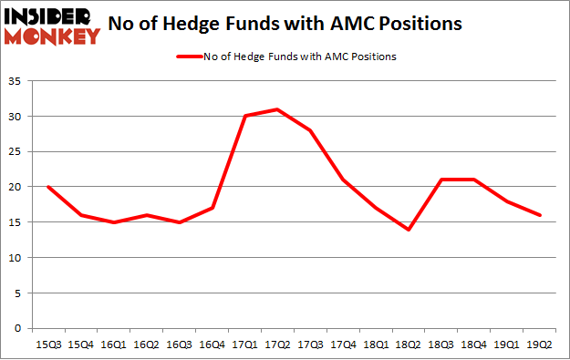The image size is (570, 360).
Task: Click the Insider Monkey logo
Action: [x=51, y=25]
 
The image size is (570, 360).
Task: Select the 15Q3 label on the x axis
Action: [x=47, y=344]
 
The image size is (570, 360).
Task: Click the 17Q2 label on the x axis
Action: [x=277, y=344]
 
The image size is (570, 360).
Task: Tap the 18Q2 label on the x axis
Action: [x=409, y=344]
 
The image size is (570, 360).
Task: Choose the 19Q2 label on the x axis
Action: [x=539, y=344]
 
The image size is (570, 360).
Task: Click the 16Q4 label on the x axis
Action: [x=212, y=344]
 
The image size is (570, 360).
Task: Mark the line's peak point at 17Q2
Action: [x=277, y=109]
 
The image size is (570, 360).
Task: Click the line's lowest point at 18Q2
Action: [x=409, y=230]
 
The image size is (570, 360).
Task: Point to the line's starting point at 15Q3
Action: [x=47, y=187]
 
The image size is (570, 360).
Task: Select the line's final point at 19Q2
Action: [x=539, y=215]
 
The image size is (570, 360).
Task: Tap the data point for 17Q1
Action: [x=244, y=116]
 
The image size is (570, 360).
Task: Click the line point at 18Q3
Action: [x=441, y=180]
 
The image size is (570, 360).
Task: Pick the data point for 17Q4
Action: [x=343, y=180]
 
